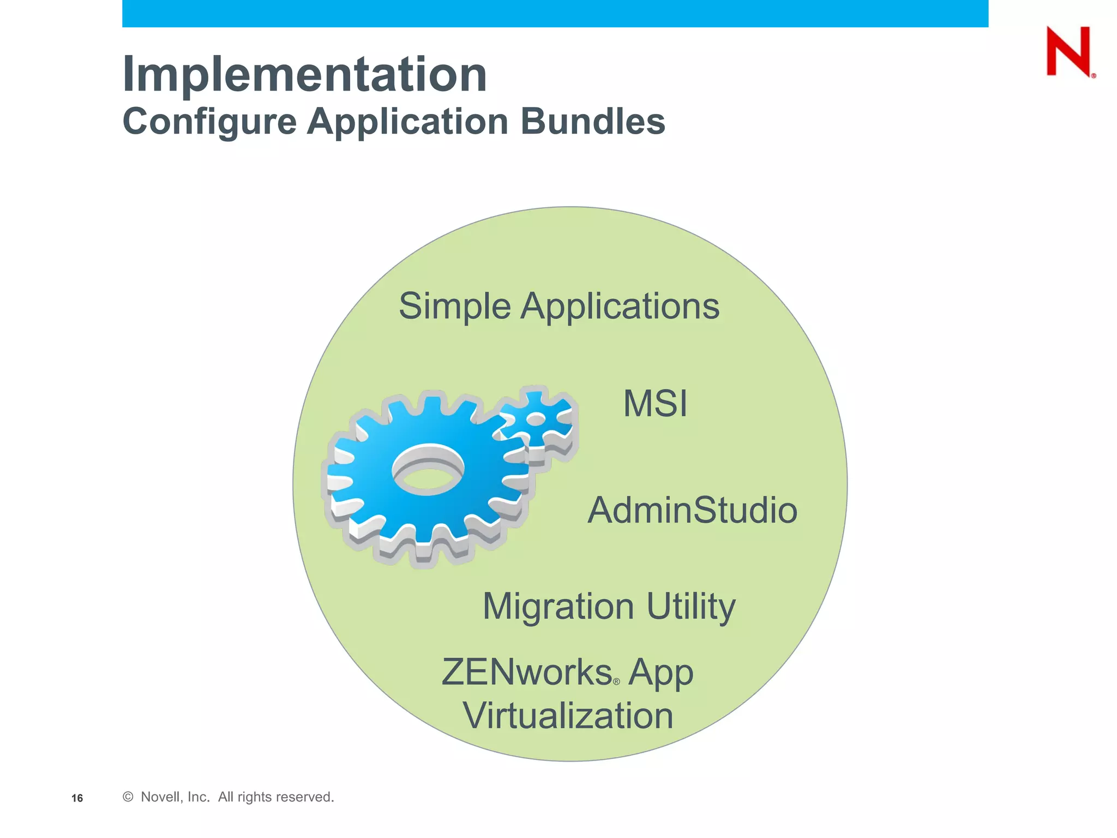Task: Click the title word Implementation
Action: pos(304,75)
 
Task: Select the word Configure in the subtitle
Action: pos(209,121)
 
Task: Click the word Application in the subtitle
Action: pos(407,121)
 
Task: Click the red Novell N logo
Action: pos(1069,51)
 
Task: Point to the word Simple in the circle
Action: pos(454,306)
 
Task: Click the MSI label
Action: pos(655,404)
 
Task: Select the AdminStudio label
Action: pos(692,510)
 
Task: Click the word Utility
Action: pos(691,607)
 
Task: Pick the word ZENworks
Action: pos(526,672)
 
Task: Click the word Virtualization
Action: pos(568,716)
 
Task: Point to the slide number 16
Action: pos(77,798)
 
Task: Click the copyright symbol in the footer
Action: pos(128,797)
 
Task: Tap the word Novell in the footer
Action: pos(159,797)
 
